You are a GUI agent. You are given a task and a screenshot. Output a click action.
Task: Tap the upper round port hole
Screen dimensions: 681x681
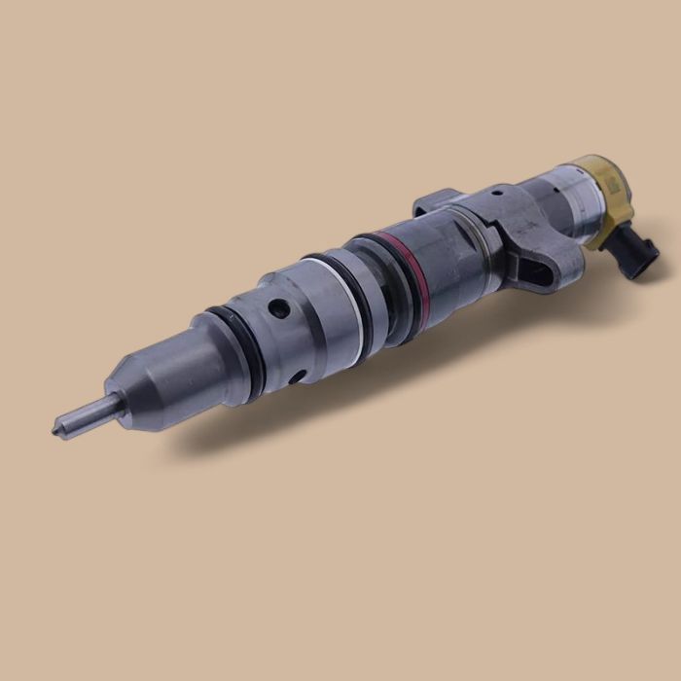tap(279, 310)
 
